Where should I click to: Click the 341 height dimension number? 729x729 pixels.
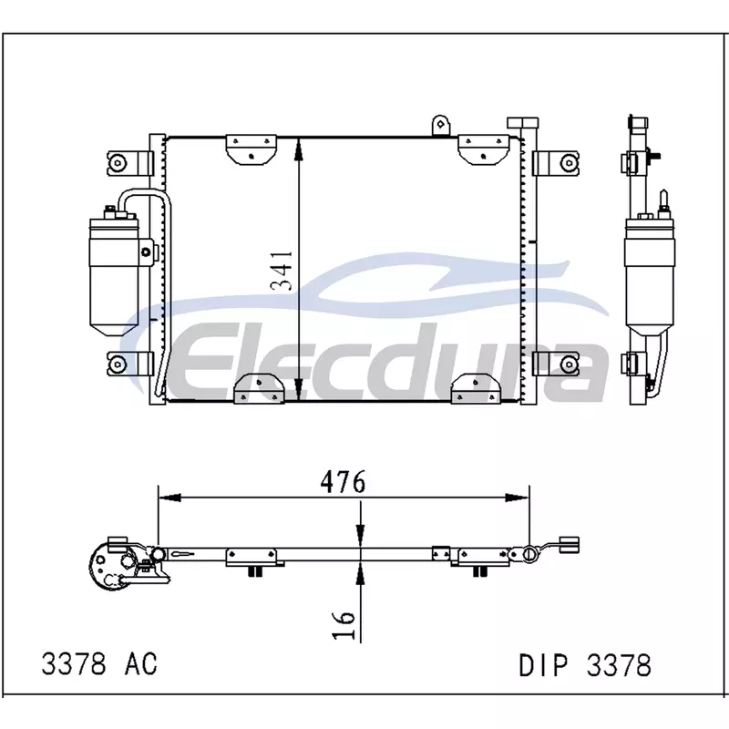pyautogui.click(x=282, y=271)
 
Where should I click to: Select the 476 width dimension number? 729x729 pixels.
pyautogui.click(x=344, y=482)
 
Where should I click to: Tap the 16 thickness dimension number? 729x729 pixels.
pyautogui.click(x=344, y=624)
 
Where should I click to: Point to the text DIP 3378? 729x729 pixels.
pyautogui.click(x=585, y=665)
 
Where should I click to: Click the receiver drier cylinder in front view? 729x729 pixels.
pyautogui.click(x=115, y=274)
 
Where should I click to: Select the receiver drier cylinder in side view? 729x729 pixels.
pyautogui.click(x=650, y=274)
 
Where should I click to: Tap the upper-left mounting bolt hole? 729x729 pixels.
pyautogui.click(x=119, y=163)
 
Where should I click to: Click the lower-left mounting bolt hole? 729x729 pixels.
pyautogui.click(x=118, y=363)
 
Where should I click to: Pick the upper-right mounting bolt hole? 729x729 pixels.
pyautogui.click(x=569, y=163)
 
